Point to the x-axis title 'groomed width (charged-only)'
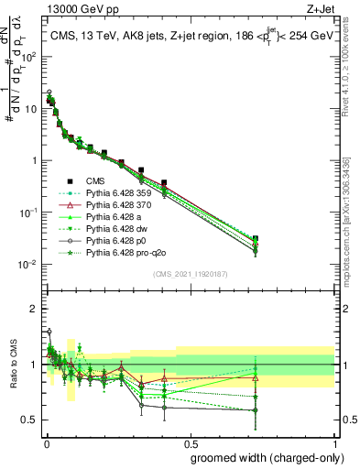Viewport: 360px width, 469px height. tap(263, 457)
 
